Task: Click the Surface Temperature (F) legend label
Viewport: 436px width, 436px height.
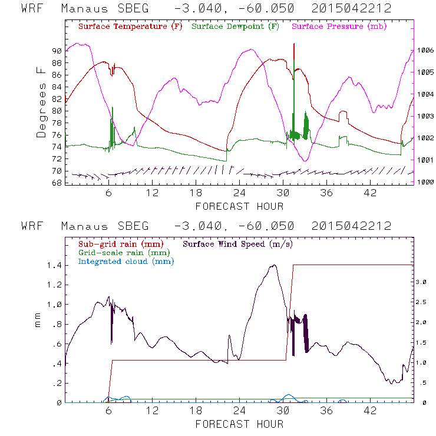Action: click(130, 27)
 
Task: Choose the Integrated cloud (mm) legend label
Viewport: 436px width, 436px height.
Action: click(126, 261)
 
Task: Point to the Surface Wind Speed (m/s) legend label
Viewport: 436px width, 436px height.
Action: click(238, 243)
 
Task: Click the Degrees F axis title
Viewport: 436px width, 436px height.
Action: click(41, 102)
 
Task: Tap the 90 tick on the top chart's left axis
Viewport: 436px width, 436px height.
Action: click(57, 51)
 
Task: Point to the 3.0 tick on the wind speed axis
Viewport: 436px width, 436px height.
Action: click(420, 282)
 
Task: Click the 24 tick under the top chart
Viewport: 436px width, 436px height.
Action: click(239, 193)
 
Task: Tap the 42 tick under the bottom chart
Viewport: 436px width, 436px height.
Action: click(370, 410)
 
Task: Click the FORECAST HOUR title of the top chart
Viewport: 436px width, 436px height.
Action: click(239, 206)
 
